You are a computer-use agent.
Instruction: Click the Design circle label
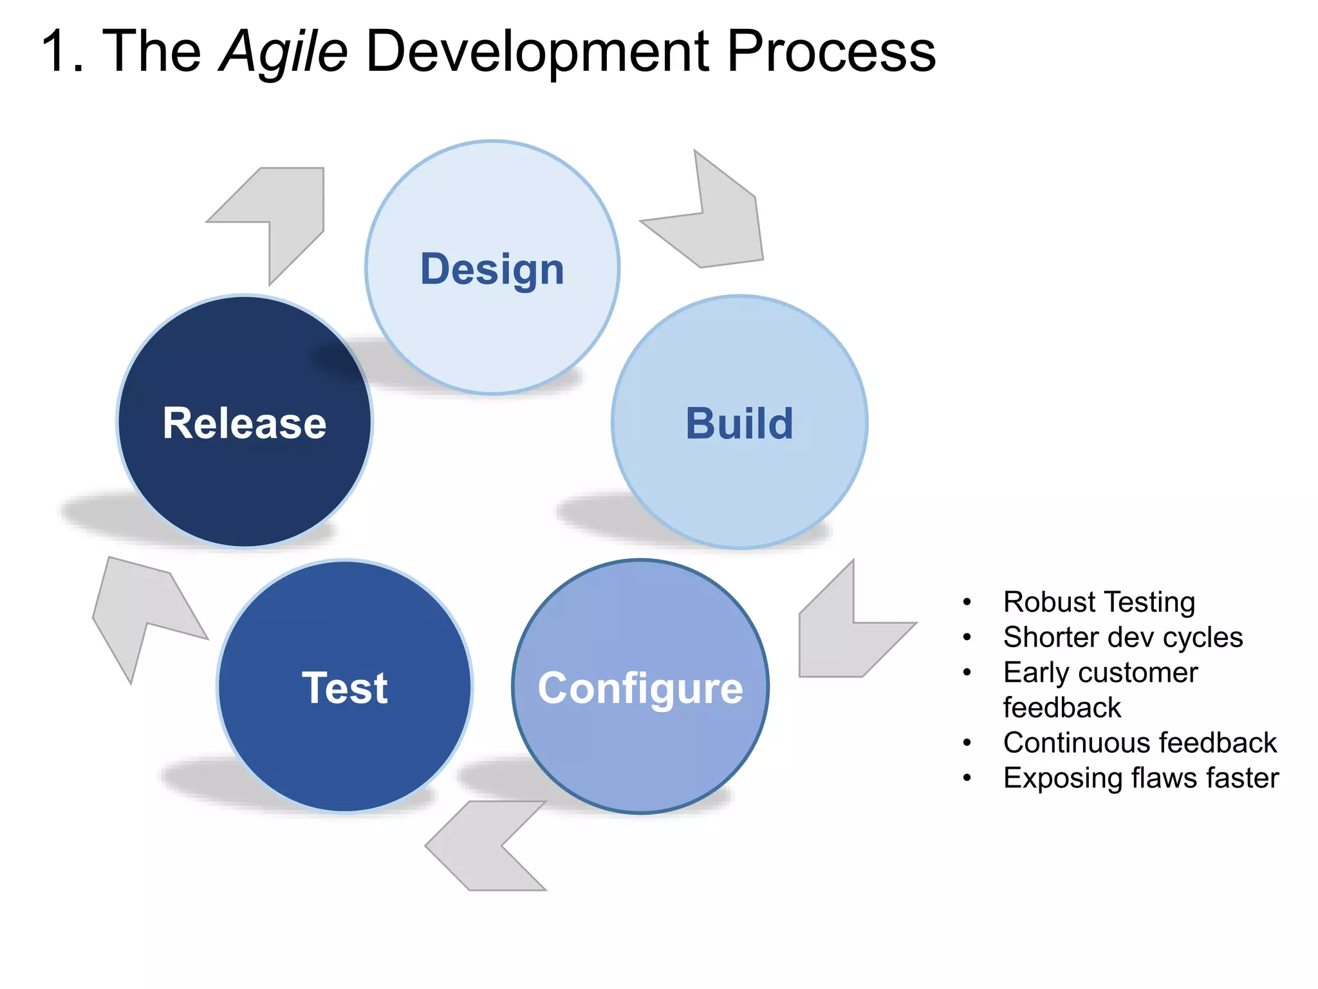click(x=492, y=269)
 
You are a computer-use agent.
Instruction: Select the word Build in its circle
click(x=739, y=424)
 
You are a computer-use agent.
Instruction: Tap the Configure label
click(x=640, y=688)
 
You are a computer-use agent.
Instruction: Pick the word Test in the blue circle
click(x=345, y=688)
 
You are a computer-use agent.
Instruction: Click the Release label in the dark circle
click(x=245, y=424)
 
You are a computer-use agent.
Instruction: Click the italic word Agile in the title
click(x=283, y=52)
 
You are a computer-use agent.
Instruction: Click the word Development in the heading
click(x=537, y=52)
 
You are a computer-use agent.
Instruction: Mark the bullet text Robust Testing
click(x=1099, y=602)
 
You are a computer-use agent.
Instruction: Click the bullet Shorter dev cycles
click(x=1123, y=637)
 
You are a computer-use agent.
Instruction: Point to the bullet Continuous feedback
click(x=1140, y=743)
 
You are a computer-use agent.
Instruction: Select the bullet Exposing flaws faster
click(x=1141, y=778)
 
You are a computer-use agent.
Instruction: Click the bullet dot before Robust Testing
click(x=967, y=603)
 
